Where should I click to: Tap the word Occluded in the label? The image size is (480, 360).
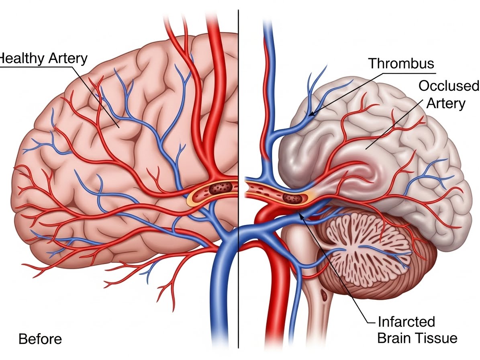[x=449, y=86]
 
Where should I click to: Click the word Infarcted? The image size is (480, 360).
[x=406, y=321]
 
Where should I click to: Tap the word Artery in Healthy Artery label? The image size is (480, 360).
[x=67, y=59]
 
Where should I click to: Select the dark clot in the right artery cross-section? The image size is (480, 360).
[x=292, y=197]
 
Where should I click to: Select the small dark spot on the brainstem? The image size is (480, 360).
[x=324, y=298]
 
